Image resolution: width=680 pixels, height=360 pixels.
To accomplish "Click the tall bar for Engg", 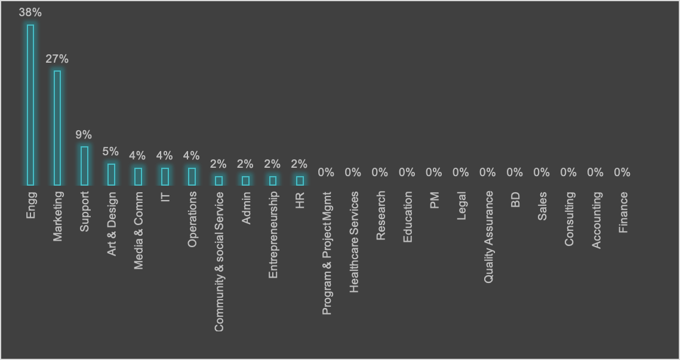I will pos(30,105).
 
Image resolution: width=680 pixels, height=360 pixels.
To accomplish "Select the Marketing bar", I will pos(57,128).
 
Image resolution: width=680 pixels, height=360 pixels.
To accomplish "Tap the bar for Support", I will pos(84,166).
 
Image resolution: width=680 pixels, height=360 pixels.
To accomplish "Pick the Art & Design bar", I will pos(111,174).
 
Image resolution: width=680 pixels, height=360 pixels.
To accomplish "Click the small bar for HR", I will pos(300,180).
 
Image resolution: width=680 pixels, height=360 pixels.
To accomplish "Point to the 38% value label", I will pos(30,13).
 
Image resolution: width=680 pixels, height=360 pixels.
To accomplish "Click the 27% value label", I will pos(57,59).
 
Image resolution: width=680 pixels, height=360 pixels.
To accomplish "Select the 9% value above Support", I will pos(84,135).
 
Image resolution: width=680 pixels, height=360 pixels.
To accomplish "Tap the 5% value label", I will pos(111,152).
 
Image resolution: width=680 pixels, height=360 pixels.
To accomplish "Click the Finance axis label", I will pos(623,212).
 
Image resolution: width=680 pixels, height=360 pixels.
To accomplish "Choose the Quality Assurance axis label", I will pos(488,236).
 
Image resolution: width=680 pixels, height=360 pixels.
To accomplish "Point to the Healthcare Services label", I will pos(354,242).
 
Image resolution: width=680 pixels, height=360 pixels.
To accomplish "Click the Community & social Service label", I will pos(219,261).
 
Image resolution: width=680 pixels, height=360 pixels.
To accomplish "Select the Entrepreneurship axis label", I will pos(273,235).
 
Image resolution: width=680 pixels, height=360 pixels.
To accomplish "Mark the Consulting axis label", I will pos(569,219).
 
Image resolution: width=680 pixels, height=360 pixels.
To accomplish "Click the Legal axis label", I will pos(461,205).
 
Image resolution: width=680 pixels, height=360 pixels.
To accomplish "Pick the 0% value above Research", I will pos(380,173).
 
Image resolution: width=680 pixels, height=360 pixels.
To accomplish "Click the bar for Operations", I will pos(192,177).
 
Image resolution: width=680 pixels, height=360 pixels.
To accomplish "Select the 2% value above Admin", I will pos(245,164).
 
